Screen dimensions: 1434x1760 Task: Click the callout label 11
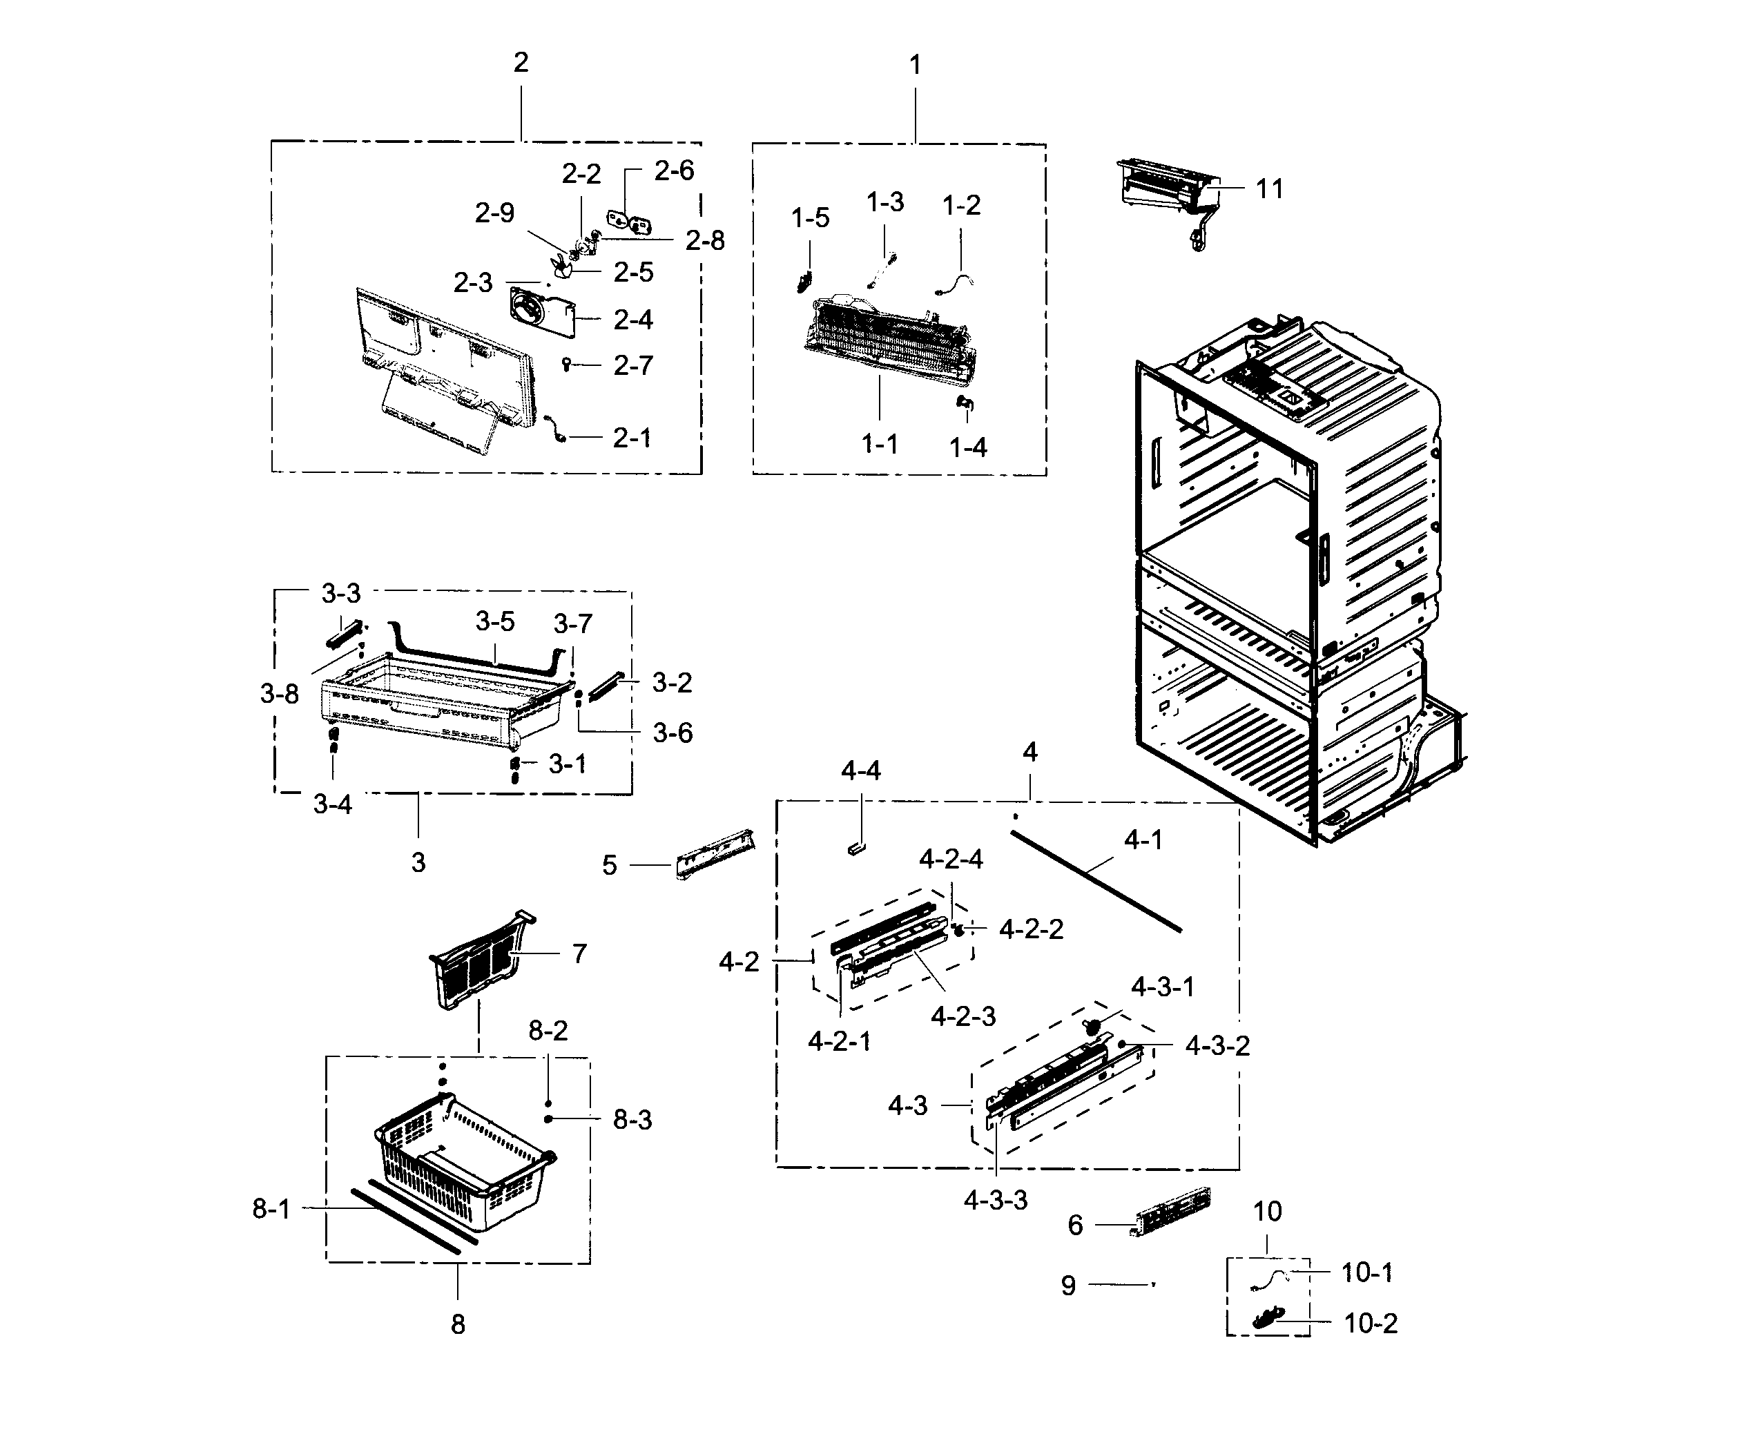(x=1268, y=189)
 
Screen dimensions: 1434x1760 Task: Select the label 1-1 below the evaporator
(x=880, y=445)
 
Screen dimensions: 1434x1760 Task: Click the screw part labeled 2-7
(x=567, y=362)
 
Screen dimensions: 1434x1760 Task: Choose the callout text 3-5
(x=494, y=621)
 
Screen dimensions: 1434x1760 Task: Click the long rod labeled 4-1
(x=1095, y=882)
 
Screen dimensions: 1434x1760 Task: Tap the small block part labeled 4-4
(x=855, y=846)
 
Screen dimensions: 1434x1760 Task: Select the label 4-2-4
(x=951, y=859)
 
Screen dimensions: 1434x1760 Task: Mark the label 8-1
(x=271, y=1210)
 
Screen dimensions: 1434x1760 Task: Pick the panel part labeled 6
(x=1171, y=1212)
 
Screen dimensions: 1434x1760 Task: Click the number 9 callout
(x=1068, y=1286)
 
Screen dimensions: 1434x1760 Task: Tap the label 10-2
(x=1370, y=1324)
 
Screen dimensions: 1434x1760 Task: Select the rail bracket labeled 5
(x=715, y=854)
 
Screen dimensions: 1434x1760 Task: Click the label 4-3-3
(x=995, y=1200)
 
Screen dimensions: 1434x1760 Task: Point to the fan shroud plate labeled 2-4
(x=541, y=313)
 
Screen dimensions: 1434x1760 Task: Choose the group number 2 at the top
(x=521, y=63)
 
